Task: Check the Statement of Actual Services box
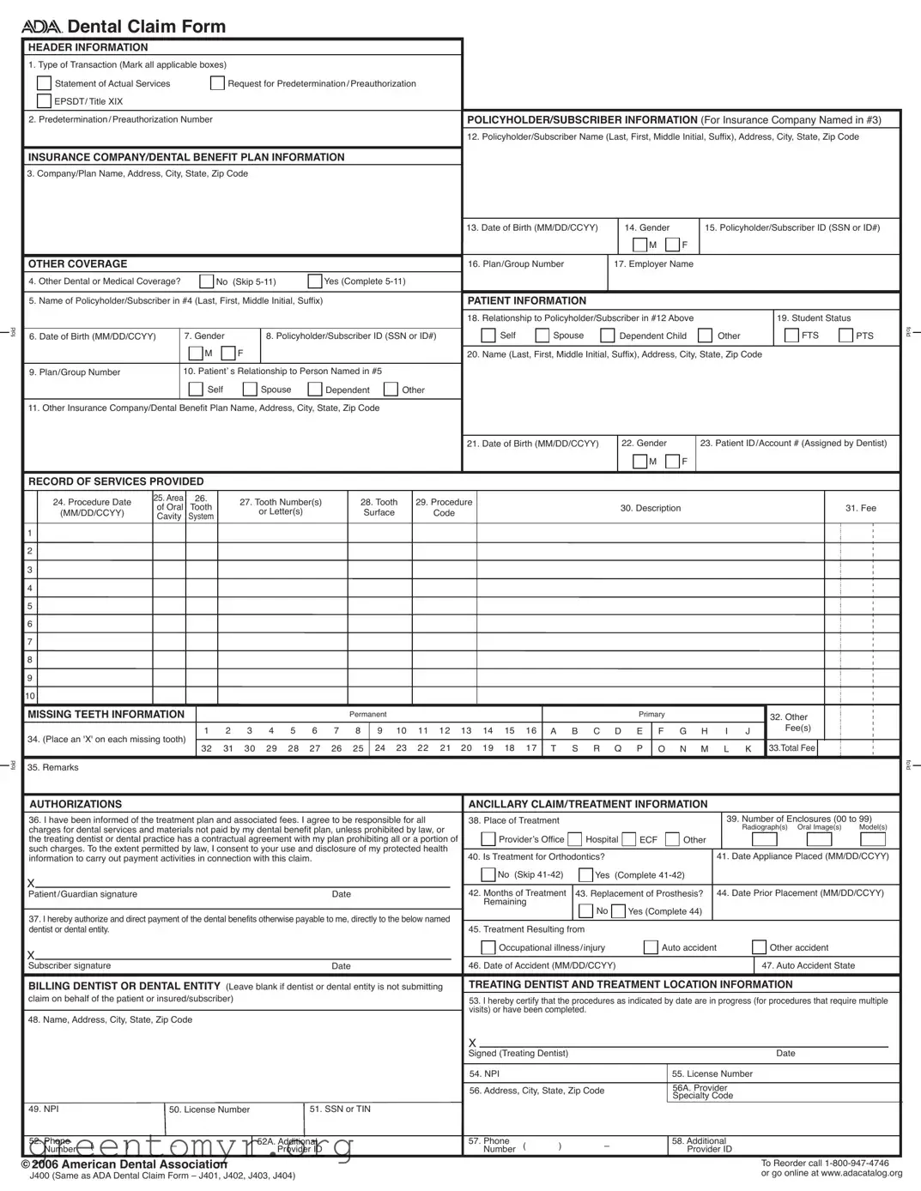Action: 44,83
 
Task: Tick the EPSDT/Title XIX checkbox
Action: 44,101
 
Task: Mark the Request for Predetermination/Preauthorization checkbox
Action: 218,83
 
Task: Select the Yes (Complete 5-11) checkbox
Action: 315,281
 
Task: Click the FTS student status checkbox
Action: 791,336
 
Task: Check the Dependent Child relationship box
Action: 608,336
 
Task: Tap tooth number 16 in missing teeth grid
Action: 531,731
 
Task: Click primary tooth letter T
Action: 554,748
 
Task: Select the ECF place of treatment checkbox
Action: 629,839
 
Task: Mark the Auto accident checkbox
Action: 651,947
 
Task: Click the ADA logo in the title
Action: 42,27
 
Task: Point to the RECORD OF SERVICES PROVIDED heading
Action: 116,481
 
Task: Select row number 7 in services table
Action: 30,642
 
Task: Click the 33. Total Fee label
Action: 791,748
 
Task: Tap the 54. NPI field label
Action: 484,1073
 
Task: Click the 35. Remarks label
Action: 53,767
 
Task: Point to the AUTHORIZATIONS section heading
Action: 76,804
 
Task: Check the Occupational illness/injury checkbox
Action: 488,947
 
